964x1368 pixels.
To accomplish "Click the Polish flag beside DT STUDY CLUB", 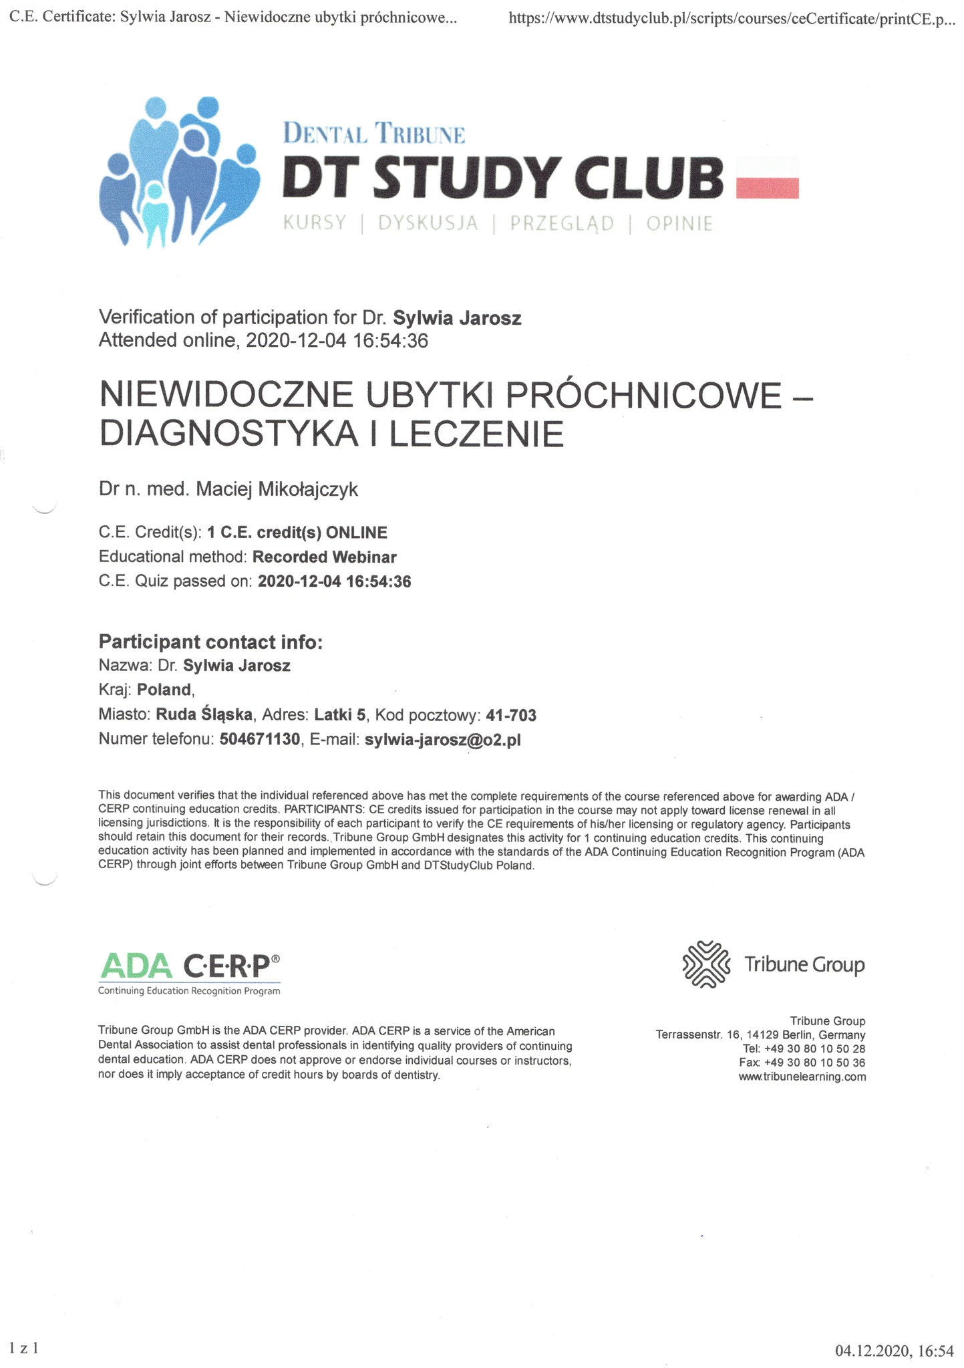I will pos(767,178).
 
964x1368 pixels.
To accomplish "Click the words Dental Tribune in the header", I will pos(374,133).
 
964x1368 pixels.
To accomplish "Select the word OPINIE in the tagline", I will pos(679,223).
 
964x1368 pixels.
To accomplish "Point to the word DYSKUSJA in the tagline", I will pos(428,223).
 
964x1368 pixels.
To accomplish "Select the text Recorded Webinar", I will pos(325,557).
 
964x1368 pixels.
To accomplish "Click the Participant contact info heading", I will pos(210,642).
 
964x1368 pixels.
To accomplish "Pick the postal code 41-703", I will pos(511,716).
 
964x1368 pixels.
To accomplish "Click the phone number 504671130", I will pos(259,740).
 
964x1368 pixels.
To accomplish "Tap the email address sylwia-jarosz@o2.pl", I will pos(442,740).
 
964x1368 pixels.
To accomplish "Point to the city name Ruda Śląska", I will pos(204,715).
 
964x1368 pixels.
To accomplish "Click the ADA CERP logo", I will pos(189,973).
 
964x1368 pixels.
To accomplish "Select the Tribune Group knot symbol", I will pos(705,964).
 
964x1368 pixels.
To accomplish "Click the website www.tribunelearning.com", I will pos(802,1077).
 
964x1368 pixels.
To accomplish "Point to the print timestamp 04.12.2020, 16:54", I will pos(894,1351).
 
